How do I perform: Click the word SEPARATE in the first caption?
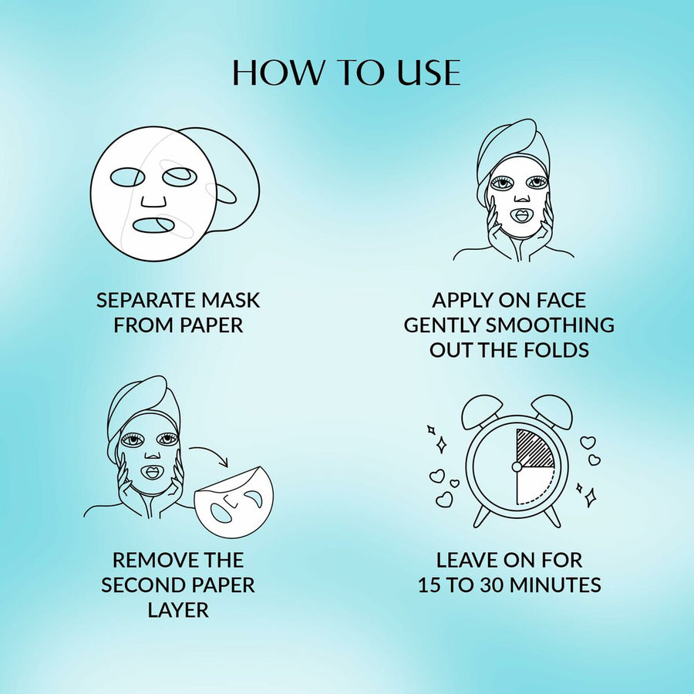[145, 300]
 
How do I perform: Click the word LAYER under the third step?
[178, 609]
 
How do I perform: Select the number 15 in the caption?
[430, 585]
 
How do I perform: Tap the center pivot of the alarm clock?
[517, 467]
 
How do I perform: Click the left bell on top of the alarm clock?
[481, 410]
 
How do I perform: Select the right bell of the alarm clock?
[552, 410]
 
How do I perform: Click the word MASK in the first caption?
[230, 300]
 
